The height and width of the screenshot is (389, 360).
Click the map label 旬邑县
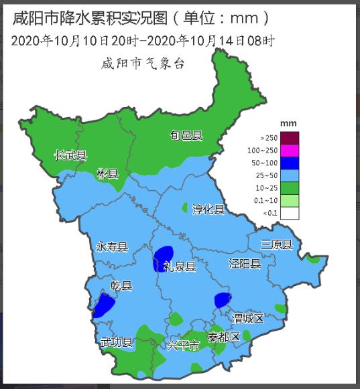click(186, 136)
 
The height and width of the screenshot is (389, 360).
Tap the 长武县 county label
click(71, 156)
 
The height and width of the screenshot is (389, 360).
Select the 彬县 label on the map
click(107, 174)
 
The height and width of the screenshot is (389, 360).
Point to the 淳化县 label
click(208, 209)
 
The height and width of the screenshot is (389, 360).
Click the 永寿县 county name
click(112, 246)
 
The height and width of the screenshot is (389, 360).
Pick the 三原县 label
click(277, 244)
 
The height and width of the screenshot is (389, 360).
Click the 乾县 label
click(121, 286)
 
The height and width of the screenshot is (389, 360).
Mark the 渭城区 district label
click(249, 317)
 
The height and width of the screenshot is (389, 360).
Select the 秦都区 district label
click(223, 337)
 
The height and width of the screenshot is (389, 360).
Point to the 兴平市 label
click(183, 346)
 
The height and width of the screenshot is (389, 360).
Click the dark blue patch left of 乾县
click(104, 305)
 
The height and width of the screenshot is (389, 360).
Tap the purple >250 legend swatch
click(290, 138)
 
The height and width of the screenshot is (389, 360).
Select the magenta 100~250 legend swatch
click(290, 151)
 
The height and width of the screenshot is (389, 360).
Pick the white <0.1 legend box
click(290, 214)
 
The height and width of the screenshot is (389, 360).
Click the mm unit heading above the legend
click(288, 123)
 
